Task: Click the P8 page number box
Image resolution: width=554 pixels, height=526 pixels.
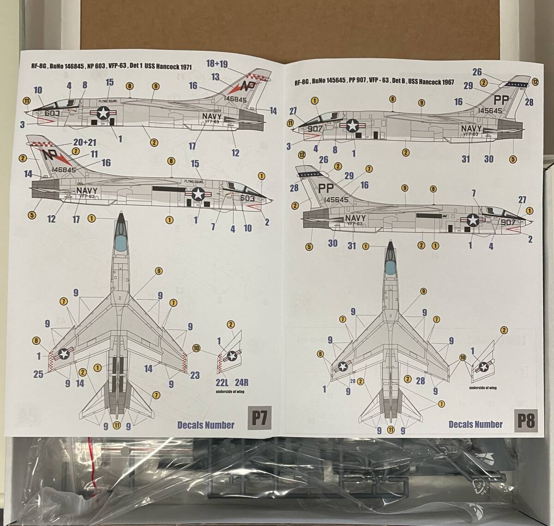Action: coord(526,421)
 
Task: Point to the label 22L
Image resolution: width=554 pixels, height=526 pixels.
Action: coord(222,382)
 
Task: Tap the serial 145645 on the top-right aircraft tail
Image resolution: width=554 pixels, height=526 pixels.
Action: coord(492,111)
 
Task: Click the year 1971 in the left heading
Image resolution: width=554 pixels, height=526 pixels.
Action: coord(184,67)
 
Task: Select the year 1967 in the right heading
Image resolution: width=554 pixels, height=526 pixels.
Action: coord(446,82)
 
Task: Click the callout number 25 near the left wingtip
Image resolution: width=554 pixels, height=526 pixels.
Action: coord(38,374)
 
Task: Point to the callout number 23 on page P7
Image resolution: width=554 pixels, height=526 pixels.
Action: coord(195,375)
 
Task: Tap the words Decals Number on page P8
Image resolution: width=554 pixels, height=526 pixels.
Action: coord(475,424)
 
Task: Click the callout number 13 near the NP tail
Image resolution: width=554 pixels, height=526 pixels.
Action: coord(216,77)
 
